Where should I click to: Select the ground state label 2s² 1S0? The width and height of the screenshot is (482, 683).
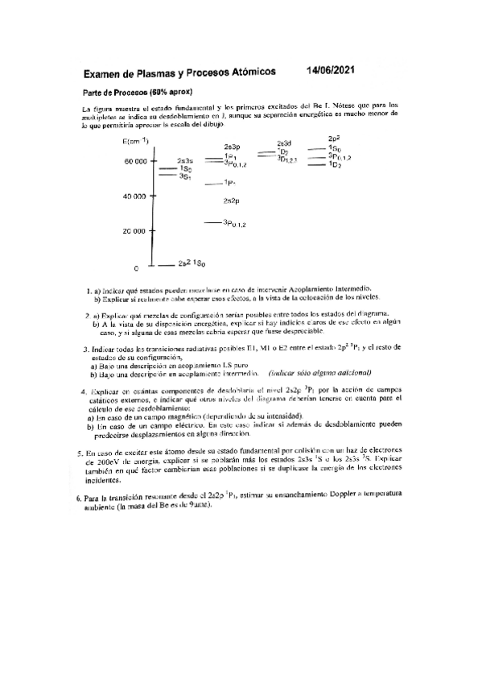(192, 264)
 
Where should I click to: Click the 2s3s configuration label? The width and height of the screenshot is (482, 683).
(186, 161)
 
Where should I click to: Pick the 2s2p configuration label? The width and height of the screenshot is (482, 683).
(233, 201)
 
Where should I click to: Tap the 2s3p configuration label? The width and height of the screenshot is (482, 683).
(233, 147)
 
